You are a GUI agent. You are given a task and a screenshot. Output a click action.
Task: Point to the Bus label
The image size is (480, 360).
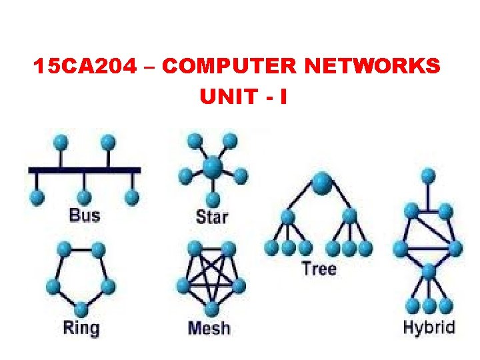pyautogui.click(x=84, y=215)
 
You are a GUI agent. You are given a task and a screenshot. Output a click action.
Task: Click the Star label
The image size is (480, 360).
pyautogui.click(x=212, y=217)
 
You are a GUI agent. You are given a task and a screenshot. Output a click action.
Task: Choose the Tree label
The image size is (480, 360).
pyautogui.click(x=319, y=269)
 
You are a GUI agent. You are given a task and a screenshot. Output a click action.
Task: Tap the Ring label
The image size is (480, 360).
pyautogui.click(x=81, y=328)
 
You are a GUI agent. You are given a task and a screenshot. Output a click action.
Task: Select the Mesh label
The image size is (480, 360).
pyautogui.click(x=209, y=328)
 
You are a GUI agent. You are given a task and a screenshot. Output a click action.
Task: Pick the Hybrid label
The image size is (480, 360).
pyautogui.click(x=429, y=327)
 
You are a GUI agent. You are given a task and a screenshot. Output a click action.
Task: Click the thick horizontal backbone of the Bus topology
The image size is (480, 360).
pyautogui.click(x=85, y=170)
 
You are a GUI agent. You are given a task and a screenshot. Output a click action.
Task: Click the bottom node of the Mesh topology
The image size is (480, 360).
pyautogui.click(x=211, y=309)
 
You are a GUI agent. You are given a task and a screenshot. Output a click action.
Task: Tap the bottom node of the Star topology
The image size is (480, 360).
pyautogui.click(x=213, y=199)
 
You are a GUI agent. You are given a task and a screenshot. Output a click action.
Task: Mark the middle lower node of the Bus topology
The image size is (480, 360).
pyautogui.click(x=84, y=197)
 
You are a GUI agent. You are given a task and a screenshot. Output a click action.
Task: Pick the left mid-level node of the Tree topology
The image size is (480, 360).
pyautogui.click(x=288, y=217)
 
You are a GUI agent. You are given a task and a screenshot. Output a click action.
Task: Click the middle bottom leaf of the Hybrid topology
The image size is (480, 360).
pyautogui.click(x=429, y=306)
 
